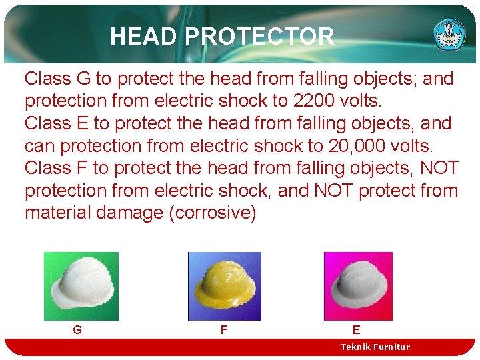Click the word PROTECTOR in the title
coord(260,36)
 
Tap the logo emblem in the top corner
coord(449,33)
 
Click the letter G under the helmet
coord(77,329)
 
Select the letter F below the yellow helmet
coord(223,329)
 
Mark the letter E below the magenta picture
coord(356,329)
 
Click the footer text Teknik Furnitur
coord(375,347)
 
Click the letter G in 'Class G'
coord(83,79)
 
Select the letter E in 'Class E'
coord(82,123)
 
